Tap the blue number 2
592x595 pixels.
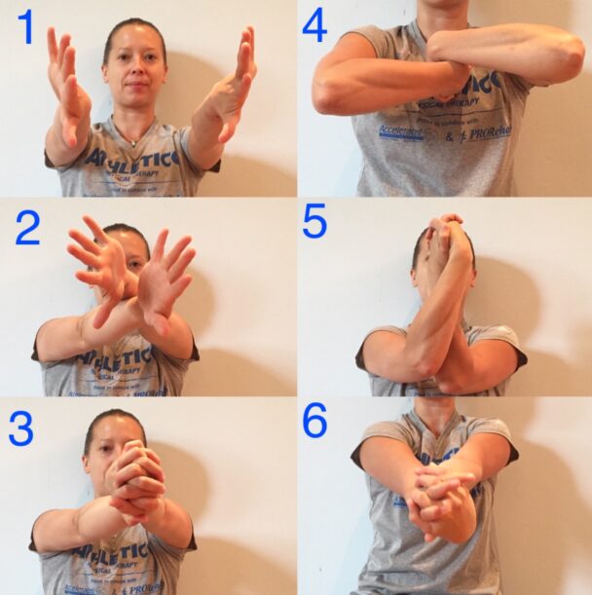pos(27,226)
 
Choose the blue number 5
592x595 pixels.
pos(314,223)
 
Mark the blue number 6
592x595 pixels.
pos(314,420)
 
